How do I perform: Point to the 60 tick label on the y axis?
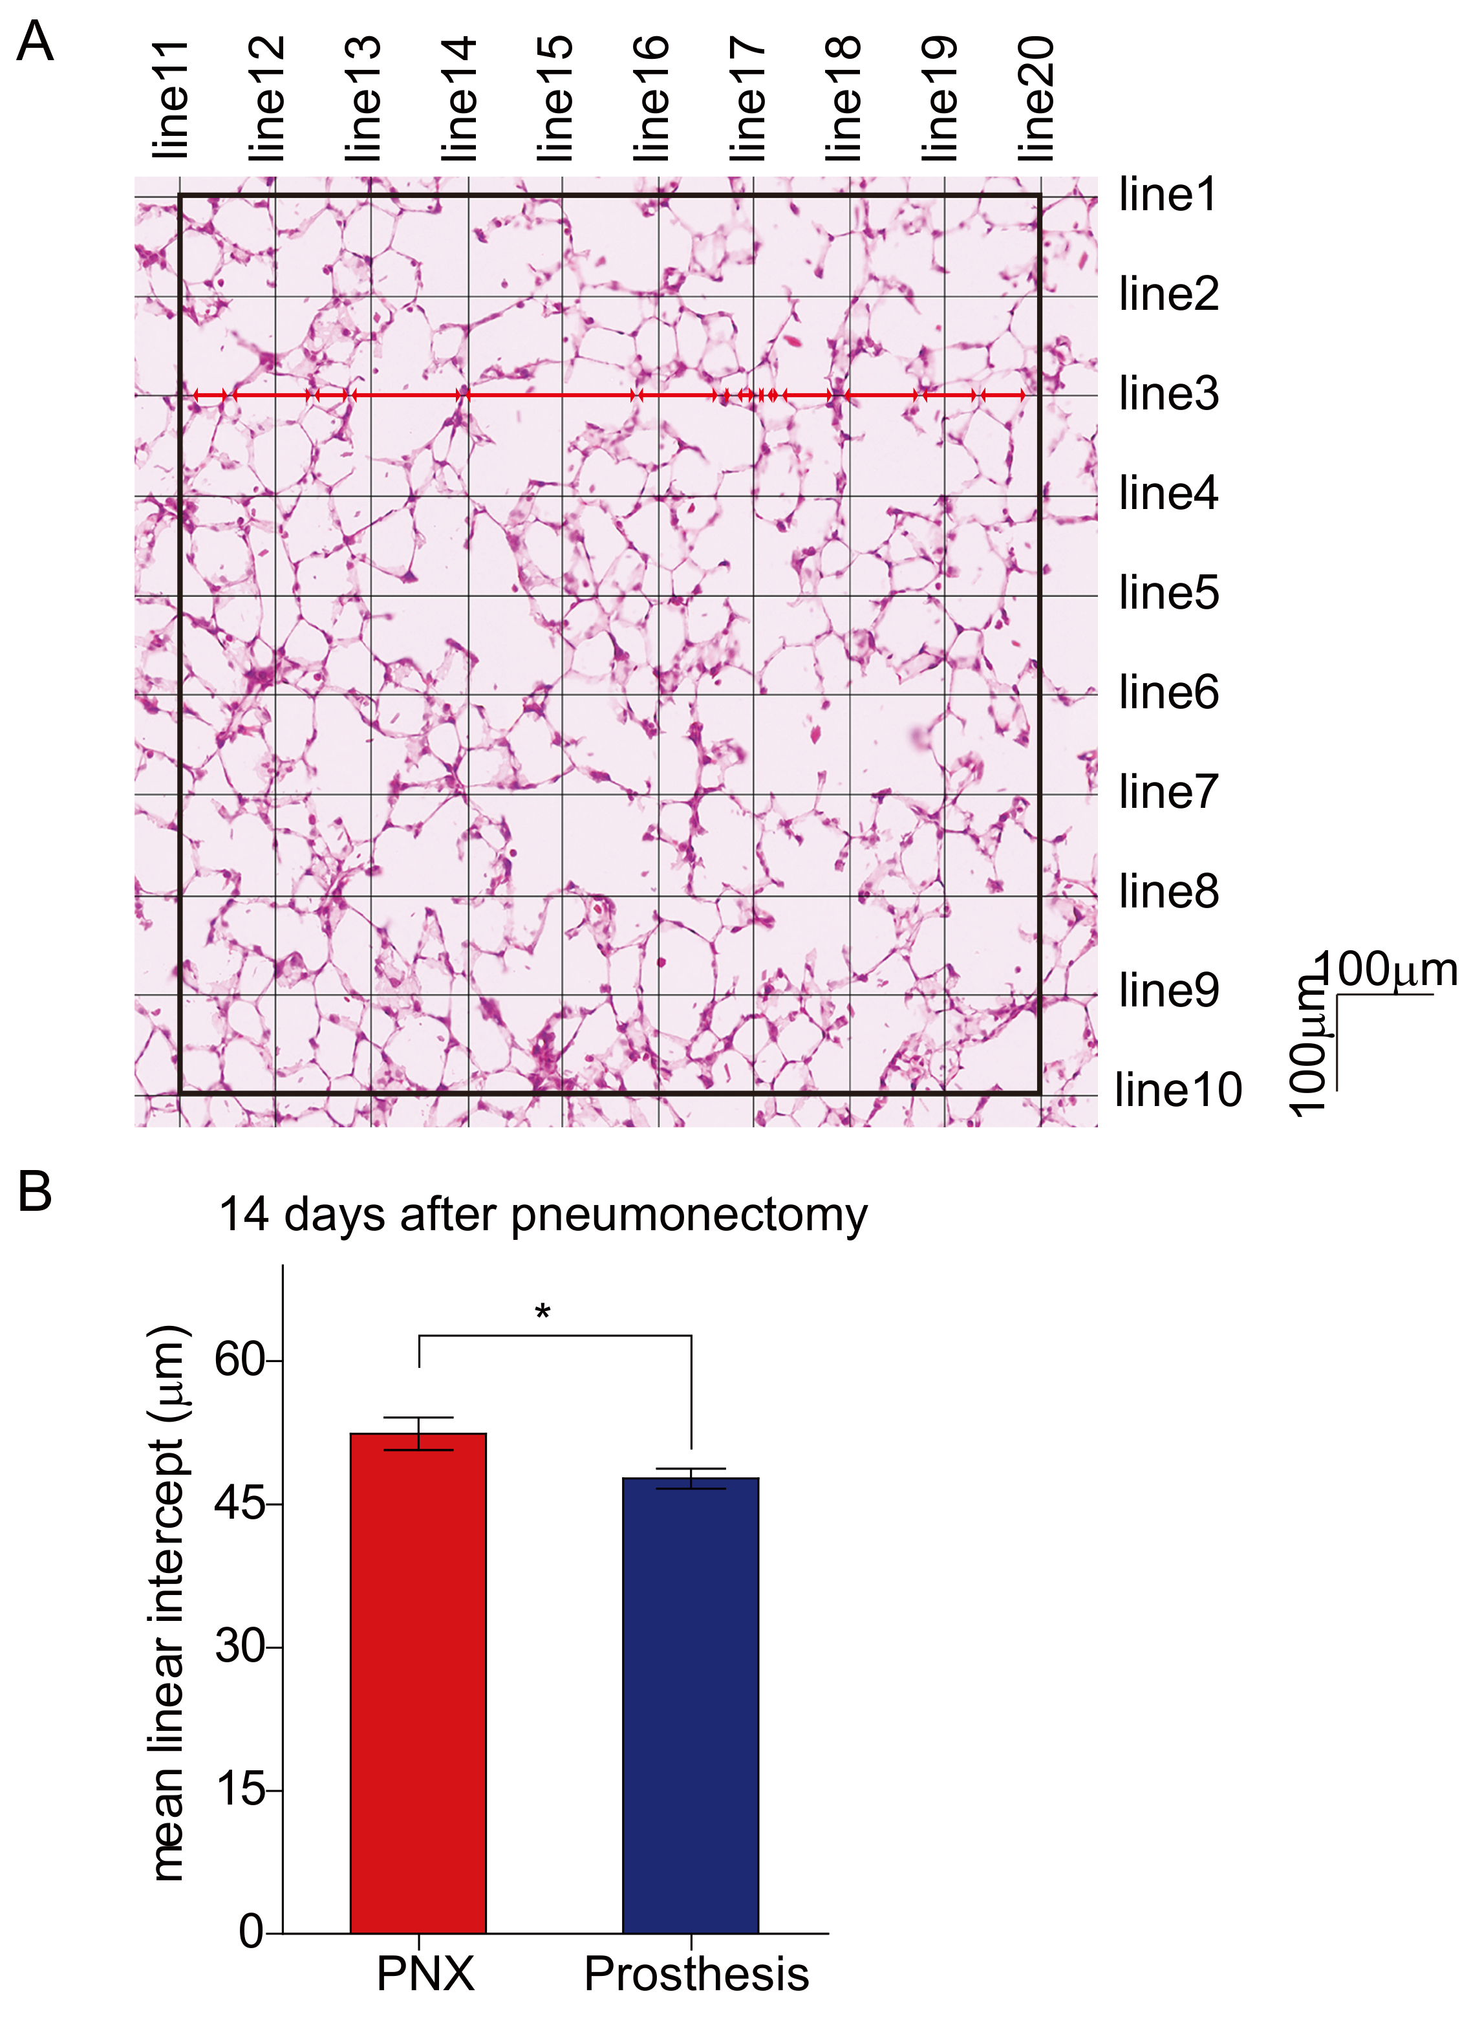(x=239, y=1360)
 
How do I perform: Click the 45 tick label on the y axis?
(x=239, y=1503)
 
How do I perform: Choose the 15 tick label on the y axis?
(x=239, y=1790)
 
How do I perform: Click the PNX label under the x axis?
(x=425, y=1974)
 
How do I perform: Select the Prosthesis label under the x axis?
(x=696, y=1974)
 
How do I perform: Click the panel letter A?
(x=35, y=41)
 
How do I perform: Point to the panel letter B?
(x=35, y=1191)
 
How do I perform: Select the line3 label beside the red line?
(x=1168, y=394)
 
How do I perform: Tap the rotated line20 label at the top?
(x=1035, y=99)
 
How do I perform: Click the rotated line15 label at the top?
(x=554, y=99)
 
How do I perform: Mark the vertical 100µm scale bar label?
(x=1310, y=1045)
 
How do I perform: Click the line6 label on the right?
(x=1168, y=693)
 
